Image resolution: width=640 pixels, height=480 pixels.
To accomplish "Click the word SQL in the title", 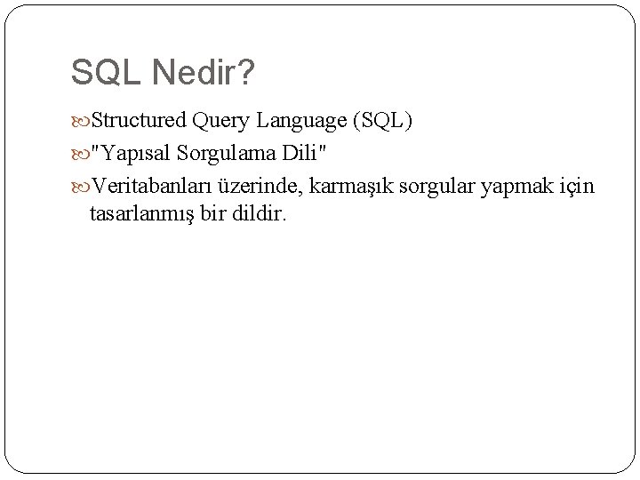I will point(100,74).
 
